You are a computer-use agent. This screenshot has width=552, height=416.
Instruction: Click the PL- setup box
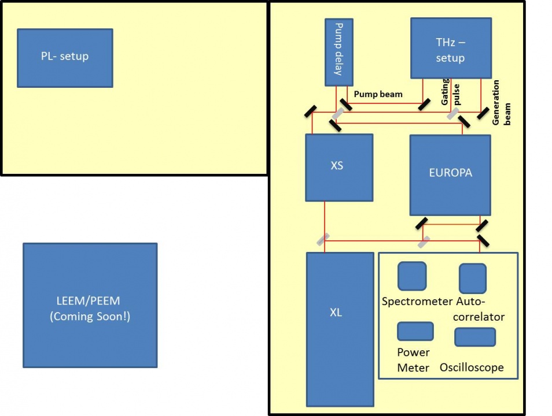tap(65, 58)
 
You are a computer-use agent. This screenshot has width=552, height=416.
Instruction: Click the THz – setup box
tap(451, 48)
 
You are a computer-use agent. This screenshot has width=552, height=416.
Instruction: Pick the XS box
tap(339, 168)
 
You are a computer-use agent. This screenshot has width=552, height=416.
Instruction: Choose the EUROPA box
tap(450, 174)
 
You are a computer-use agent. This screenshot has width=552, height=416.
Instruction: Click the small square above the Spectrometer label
tap(412, 276)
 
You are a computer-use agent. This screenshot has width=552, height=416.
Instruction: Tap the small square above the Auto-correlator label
tap(472, 278)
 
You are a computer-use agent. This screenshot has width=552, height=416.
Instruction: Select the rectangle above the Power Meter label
tap(415, 331)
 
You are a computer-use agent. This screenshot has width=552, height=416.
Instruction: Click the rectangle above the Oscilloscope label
tap(474, 337)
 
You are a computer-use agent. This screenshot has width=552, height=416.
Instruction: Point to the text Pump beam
tap(378, 94)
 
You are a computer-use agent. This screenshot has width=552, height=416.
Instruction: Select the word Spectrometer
tap(417, 301)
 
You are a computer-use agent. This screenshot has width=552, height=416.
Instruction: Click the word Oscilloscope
tap(472, 367)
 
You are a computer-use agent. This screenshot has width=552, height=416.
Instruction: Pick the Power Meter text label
tap(413, 360)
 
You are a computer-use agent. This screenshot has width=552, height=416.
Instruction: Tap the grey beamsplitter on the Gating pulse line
tap(453, 113)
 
